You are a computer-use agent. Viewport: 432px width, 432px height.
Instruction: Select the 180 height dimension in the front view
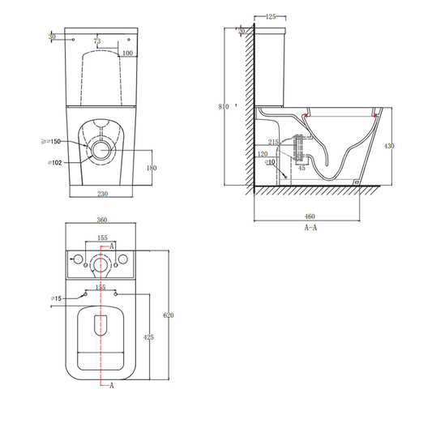click(152, 169)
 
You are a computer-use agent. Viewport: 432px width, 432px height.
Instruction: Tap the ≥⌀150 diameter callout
click(52, 141)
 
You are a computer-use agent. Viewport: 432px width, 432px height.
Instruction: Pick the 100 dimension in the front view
click(127, 53)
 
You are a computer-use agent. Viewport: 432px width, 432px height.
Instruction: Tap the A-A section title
click(310, 229)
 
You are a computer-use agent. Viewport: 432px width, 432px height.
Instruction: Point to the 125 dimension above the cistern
click(271, 16)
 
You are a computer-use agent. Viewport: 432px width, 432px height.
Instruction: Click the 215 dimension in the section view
click(273, 143)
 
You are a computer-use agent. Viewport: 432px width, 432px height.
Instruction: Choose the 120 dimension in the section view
click(263, 154)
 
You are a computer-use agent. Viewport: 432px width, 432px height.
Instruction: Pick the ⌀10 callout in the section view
click(270, 162)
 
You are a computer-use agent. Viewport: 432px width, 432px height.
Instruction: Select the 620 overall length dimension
click(168, 314)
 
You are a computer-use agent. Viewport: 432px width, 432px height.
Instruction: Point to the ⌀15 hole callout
click(57, 299)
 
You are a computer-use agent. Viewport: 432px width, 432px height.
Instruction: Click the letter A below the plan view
click(112, 386)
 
